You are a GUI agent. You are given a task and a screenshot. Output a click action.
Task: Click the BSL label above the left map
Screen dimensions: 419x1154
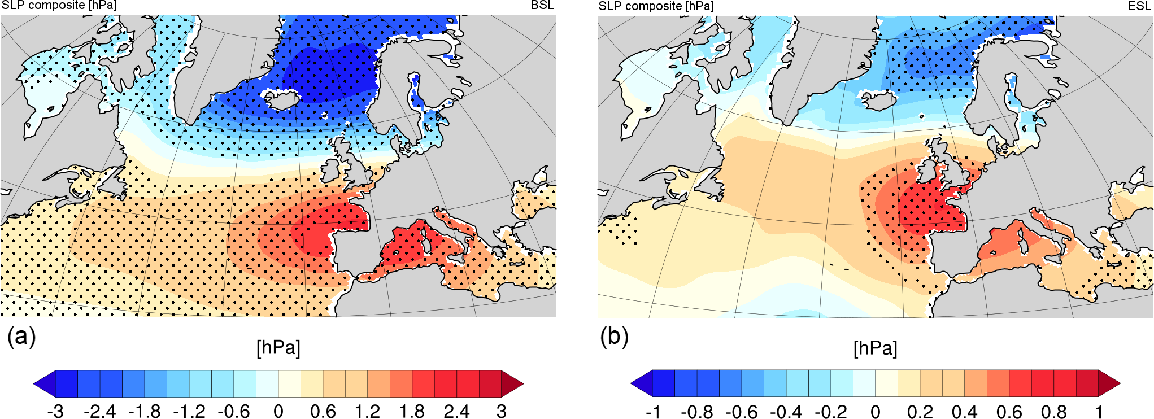(x=542, y=5)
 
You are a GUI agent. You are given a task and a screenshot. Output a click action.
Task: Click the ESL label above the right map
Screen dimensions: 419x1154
(x=1139, y=6)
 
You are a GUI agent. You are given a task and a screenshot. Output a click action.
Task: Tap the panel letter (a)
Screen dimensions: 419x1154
(x=21, y=337)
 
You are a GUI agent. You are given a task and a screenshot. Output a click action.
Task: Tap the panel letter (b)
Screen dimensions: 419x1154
(x=614, y=337)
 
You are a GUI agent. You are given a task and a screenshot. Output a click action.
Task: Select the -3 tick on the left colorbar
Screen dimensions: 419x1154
(x=55, y=411)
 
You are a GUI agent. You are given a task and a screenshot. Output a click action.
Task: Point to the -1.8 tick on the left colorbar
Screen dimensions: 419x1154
(x=144, y=411)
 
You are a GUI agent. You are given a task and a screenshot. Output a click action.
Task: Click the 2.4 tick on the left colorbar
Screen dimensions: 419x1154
(x=456, y=411)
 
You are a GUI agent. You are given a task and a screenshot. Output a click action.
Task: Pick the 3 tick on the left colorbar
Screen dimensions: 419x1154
(x=502, y=411)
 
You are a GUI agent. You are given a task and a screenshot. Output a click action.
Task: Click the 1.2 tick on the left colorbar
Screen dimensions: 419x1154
(x=367, y=411)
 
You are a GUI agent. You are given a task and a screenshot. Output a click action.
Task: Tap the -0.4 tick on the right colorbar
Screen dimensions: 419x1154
(x=786, y=411)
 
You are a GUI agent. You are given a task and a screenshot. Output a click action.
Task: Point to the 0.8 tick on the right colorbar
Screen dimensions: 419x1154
(x=1053, y=411)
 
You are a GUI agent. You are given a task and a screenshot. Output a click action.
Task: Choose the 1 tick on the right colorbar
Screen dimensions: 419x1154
(x=1099, y=411)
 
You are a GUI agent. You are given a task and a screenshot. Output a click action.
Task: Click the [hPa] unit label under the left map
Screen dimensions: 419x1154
(x=278, y=348)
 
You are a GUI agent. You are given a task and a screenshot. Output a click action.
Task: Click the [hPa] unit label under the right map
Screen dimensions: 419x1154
(x=875, y=348)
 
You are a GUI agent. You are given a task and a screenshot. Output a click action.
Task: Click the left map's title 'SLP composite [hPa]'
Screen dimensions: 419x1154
(x=59, y=6)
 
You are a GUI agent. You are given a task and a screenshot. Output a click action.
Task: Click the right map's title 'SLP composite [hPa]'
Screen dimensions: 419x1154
(x=656, y=6)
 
